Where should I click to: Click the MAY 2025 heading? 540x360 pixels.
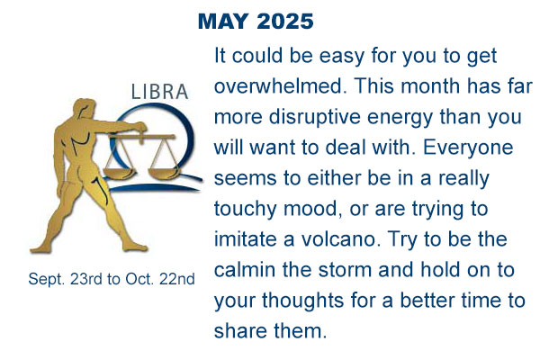[256, 22]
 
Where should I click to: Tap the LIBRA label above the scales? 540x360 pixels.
[160, 92]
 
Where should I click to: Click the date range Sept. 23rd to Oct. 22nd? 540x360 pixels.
[112, 279]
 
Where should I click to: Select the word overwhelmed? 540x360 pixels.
[280, 85]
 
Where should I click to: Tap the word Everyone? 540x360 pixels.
[468, 148]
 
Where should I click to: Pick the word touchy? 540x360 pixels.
[245, 209]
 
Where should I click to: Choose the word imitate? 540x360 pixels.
[246, 239]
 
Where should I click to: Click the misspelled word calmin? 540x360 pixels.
[245, 270]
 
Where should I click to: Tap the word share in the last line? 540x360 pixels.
[240, 330]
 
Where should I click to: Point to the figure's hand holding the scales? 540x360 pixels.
[140, 128]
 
